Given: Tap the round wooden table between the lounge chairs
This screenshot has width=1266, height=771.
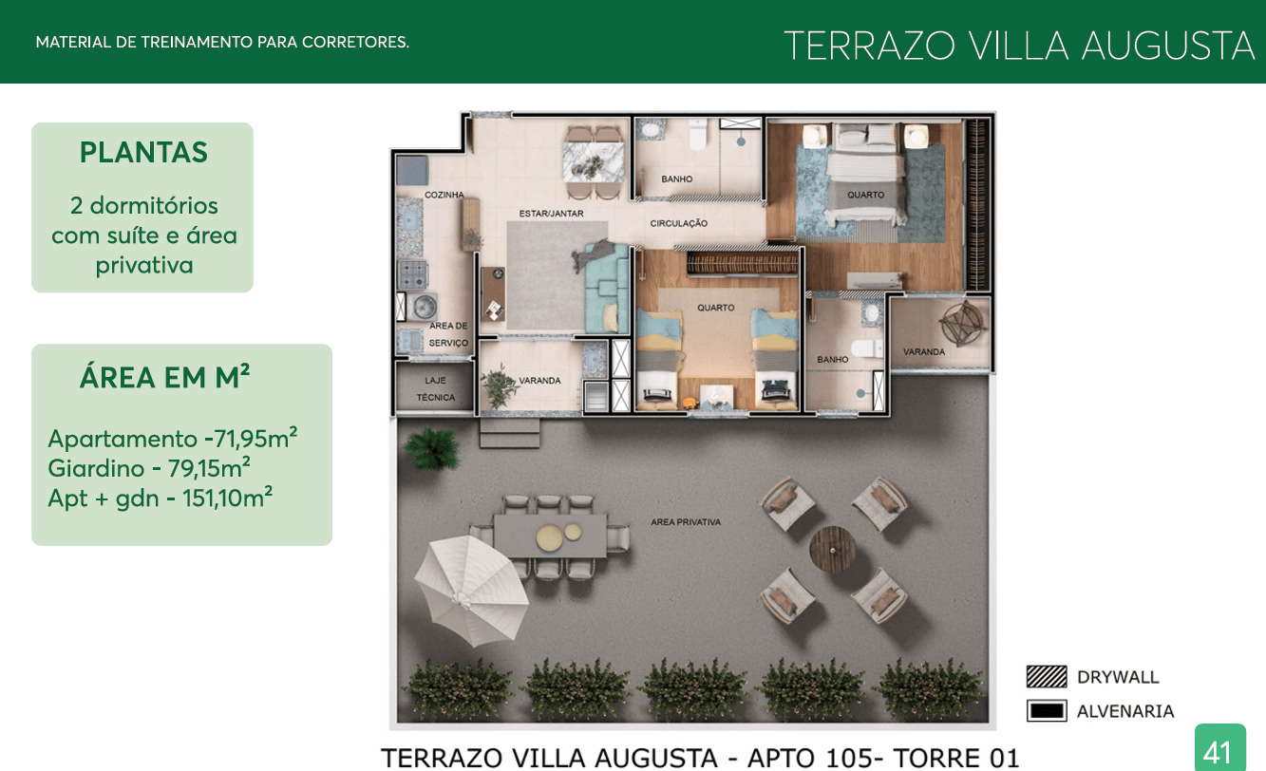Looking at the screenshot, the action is [x=832, y=549].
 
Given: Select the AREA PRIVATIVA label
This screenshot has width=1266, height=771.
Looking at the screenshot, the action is [x=686, y=522].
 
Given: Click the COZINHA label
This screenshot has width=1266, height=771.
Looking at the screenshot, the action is [x=444, y=195].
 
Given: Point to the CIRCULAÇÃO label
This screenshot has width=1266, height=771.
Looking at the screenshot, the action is [x=678, y=223].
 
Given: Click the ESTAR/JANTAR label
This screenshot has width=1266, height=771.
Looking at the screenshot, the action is [x=551, y=214].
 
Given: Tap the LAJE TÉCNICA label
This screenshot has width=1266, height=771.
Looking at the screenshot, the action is [x=435, y=388].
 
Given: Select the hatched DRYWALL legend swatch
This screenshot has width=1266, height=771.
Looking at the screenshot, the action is [x=1047, y=676].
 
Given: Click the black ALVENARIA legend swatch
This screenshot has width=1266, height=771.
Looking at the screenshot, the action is [x=1047, y=710].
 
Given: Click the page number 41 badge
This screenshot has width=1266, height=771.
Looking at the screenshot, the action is [x=1219, y=747].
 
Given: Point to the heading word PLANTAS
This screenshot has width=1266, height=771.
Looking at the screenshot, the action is [x=143, y=152].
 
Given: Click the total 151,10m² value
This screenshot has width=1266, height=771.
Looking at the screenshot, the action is [x=227, y=498].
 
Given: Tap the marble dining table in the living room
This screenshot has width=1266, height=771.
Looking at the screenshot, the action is [x=593, y=161].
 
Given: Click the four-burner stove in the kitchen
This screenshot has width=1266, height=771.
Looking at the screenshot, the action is [x=412, y=274].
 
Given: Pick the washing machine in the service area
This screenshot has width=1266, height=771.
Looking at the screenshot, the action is [x=423, y=306].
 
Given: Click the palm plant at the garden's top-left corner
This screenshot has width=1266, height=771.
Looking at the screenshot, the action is [x=431, y=448].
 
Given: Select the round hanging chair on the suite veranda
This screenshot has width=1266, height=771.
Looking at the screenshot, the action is [x=962, y=323].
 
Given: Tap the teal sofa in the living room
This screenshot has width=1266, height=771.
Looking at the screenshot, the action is [x=607, y=288].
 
